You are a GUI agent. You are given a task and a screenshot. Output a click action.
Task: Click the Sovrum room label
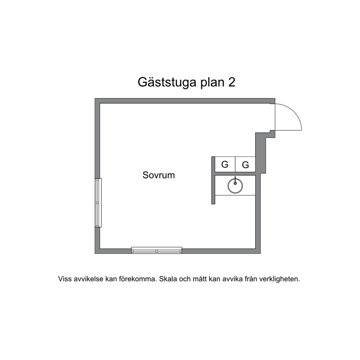pyautogui.click(x=159, y=175)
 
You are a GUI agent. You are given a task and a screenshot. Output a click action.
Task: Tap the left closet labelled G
pyautogui.click(x=225, y=164)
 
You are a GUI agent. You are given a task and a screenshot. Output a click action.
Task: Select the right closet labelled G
pyautogui.click(x=245, y=164)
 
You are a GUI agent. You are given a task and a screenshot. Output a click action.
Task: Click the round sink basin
pyautogui.click(x=235, y=186)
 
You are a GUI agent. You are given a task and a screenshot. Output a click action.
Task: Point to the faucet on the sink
pyautogui.click(x=235, y=180)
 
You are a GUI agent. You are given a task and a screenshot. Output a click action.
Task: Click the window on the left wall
pyautogui.click(x=98, y=203)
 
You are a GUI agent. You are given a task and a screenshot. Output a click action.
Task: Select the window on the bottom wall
pyautogui.click(x=156, y=250)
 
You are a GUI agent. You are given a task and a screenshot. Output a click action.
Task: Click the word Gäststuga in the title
pyautogui.click(x=167, y=82)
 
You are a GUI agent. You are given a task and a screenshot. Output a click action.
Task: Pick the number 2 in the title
pyautogui.click(x=232, y=82)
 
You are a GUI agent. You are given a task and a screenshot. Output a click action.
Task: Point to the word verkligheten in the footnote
pyautogui.click(x=280, y=279)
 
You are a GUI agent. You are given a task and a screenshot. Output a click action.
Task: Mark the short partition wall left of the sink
pyautogui.click(x=213, y=180)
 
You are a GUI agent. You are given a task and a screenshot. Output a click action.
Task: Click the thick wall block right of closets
pyautogui.click(x=261, y=153)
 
